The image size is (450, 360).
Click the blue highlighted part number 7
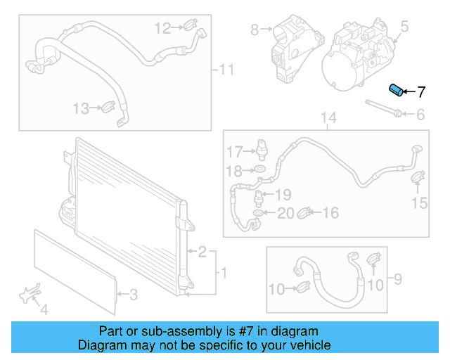tap(396, 91)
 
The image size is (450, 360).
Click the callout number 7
tap(421, 91)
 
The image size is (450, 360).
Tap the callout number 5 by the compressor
tap(404, 27)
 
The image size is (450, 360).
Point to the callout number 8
tap(255, 29)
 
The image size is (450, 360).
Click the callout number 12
tap(162, 28)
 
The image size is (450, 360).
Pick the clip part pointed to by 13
tap(108, 108)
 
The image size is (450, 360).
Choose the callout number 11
tap(226, 70)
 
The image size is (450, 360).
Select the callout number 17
tap(233, 151)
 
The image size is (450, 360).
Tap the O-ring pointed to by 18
tap(259, 170)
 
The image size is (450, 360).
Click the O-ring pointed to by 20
tap(259, 213)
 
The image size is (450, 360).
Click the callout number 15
tap(419, 203)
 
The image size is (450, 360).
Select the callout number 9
tap(397, 281)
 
